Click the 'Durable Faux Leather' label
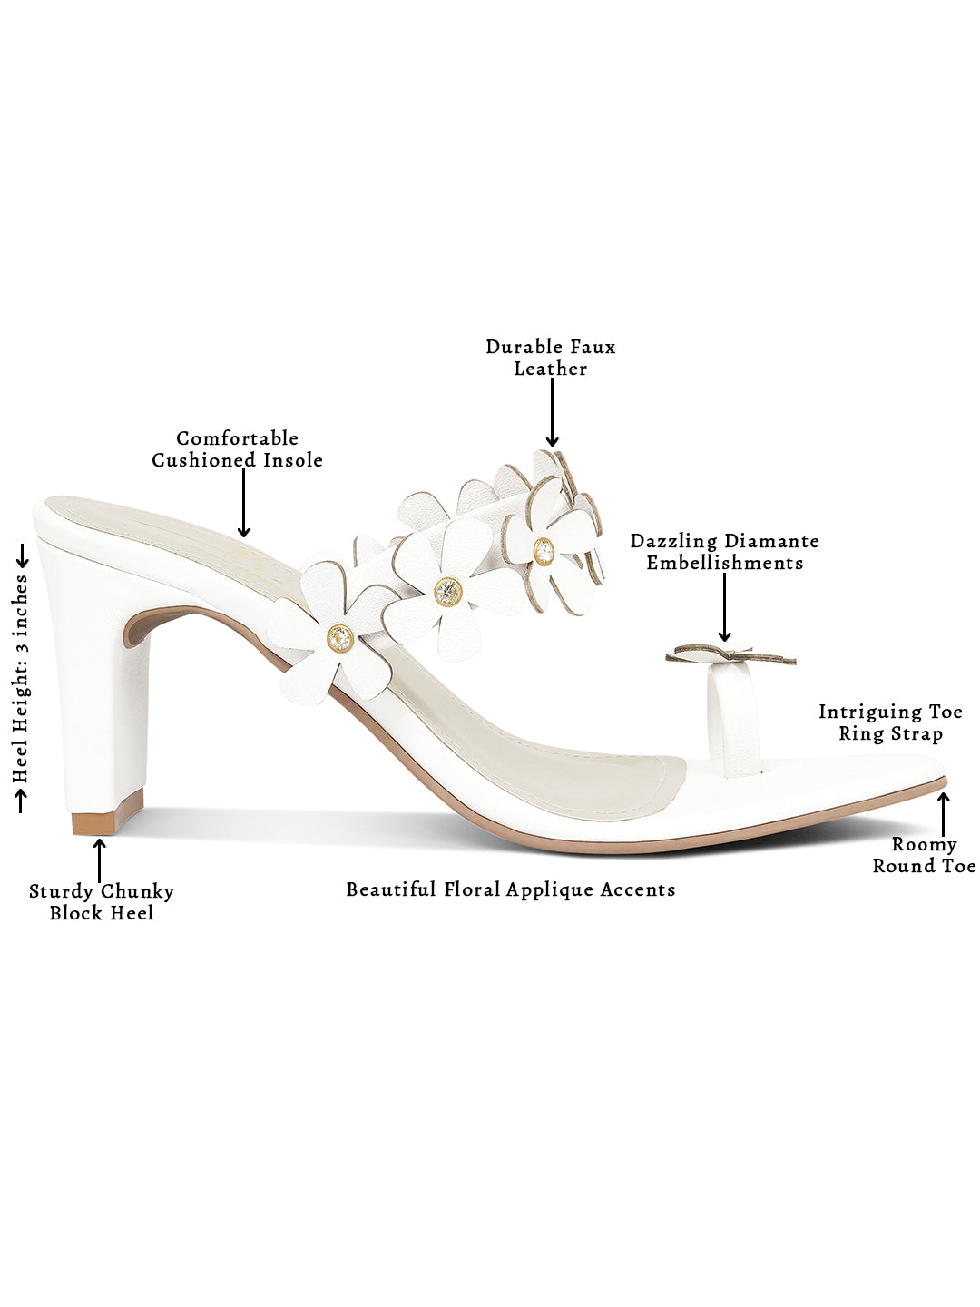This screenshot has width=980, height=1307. (x=550, y=358)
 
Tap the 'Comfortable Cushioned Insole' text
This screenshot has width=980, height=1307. (x=237, y=449)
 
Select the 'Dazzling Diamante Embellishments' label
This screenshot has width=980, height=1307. (x=724, y=552)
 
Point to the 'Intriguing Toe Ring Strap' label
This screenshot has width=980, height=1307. (x=889, y=722)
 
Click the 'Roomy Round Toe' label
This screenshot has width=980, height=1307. (x=924, y=855)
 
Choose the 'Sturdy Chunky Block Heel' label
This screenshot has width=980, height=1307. (x=101, y=902)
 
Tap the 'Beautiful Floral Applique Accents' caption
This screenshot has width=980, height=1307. (x=511, y=889)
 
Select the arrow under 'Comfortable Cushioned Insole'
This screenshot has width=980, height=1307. (x=243, y=503)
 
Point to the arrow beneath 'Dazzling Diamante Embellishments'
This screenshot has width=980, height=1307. (x=724, y=607)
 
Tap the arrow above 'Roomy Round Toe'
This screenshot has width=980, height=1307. (x=944, y=814)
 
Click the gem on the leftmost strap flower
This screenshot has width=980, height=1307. (x=340, y=637)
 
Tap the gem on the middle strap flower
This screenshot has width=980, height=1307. (x=447, y=591)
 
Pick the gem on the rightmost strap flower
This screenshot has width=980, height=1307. (x=544, y=550)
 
